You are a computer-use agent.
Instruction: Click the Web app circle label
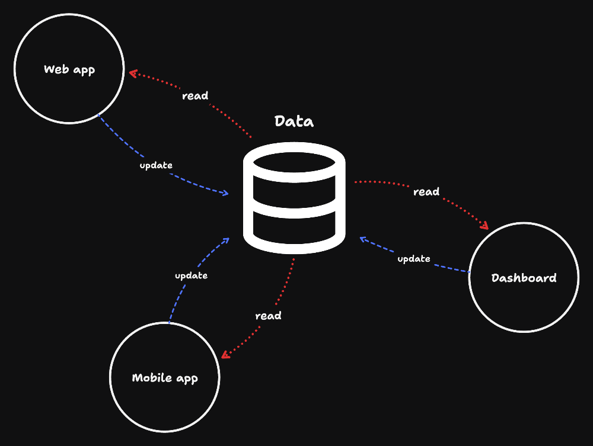coord(69,70)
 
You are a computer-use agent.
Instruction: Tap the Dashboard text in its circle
coord(524,278)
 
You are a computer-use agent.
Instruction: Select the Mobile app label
coord(164,378)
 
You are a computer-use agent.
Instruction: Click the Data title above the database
coord(294,121)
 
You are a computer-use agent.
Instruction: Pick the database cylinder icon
coord(294,198)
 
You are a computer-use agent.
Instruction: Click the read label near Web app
coord(195,96)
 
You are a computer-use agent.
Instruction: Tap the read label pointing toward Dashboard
coord(426,192)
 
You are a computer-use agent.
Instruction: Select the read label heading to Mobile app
coord(268,316)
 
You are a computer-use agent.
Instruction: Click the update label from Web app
coord(156,165)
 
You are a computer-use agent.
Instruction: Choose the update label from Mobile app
coord(191,275)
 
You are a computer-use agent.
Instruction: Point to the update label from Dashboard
coord(413,259)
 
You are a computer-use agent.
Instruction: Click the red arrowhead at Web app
coord(133,73)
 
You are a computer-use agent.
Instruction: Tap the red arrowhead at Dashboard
coord(484,225)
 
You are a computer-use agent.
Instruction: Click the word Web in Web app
coord(54,69)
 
